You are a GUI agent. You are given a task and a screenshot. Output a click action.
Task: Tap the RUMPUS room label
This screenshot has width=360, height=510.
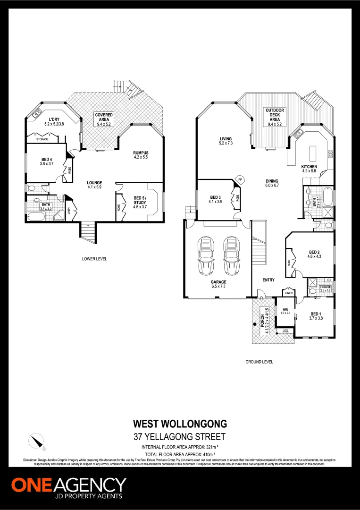[141, 155]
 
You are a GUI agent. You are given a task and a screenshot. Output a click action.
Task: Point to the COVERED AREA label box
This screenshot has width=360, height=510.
[104, 119]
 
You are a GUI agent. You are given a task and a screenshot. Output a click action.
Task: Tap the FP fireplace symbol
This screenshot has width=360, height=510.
[240, 179]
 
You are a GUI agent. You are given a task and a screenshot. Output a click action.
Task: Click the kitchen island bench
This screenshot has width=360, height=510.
[312, 154]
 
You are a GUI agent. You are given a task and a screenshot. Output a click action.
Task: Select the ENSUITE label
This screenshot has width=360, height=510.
[326, 289]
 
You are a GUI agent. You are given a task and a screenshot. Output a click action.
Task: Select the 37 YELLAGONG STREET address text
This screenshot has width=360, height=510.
[180, 437]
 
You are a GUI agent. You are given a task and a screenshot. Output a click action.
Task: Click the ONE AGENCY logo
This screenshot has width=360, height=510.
[69, 487]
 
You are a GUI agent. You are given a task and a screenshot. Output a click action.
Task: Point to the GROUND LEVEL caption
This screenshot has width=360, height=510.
[259, 362]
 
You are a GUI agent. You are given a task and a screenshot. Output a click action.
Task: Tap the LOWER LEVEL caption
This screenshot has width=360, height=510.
[94, 259]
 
